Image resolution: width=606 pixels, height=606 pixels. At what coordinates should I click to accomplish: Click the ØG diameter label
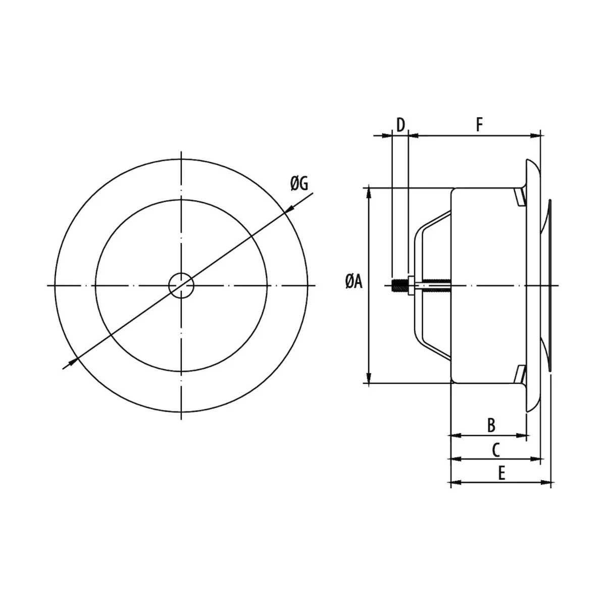point(299,183)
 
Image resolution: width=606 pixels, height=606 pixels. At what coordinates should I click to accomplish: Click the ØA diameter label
point(354,281)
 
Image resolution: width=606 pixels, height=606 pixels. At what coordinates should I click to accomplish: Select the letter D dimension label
point(400,125)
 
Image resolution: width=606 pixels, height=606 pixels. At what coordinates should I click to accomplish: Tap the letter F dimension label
point(479,125)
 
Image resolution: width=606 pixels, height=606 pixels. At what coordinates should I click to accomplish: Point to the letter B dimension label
point(491,425)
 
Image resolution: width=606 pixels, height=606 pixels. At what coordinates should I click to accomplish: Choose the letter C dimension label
point(495,450)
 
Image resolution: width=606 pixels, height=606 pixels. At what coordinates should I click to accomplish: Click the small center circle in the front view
point(181,285)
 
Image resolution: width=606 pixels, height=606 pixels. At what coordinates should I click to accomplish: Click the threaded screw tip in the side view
point(399,285)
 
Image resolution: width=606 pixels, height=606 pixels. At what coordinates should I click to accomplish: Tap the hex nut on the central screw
point(410,285)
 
